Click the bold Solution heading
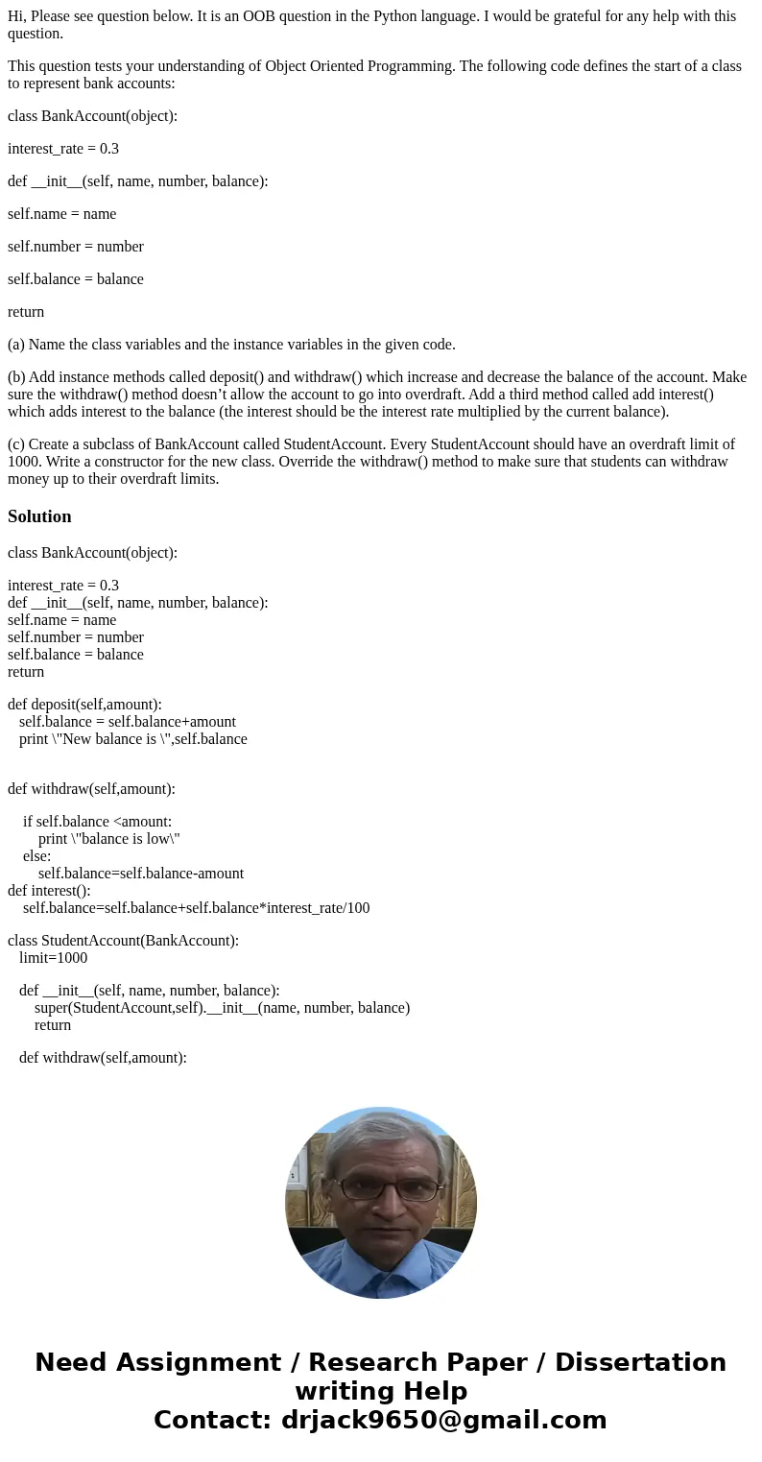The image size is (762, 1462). (x=39, y=516)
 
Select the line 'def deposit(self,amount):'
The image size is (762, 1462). (x=84, y=705)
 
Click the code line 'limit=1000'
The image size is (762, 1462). (x=53, y=958)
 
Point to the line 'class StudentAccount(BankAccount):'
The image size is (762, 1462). (x=123, y=941)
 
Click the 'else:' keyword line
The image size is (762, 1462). (x=36, y=856)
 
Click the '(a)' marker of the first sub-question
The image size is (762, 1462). (x=16, y=345)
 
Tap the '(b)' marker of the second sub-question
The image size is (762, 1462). (x=16, y=377)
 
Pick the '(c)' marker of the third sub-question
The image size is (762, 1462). (x=16, y=444)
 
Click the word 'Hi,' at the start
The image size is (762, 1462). (x=17, y=16)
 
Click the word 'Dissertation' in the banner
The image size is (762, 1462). (x=640, y=1362)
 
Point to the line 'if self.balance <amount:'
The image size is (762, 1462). (x=97, y=822)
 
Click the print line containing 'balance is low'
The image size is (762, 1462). (x=109, y=839)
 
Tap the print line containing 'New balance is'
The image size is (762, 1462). (x=132, y=739)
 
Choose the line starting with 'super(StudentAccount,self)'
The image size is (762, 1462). (x=222, y=1008)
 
